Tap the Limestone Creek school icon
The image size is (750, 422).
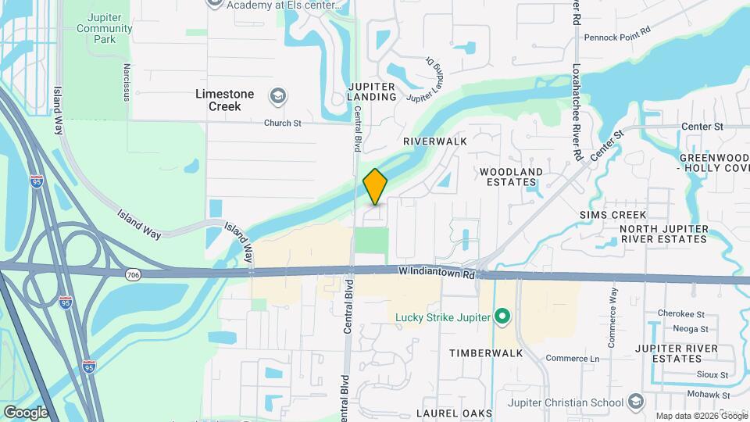[x=276, y=97]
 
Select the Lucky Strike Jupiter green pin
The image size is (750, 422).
[x=502, y=316]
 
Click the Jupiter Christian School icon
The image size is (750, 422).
[x=636, y=402]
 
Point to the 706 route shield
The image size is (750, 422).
[x=131, y=274]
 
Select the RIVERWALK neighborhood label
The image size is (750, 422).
[x=434, y=141]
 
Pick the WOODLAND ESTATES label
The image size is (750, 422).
[x=511, y=177]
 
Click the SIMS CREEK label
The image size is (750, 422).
[x=612, y=215]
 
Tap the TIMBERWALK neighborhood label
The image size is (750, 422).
[x=486, y=353]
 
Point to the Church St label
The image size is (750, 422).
[x=282, y=123]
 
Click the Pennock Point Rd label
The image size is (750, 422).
[x=617, y=36]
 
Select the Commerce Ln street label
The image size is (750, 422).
[x=572, y=359]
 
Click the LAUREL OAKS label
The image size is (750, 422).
[x=454, y=413]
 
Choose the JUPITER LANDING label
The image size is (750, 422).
[x=373, y=91]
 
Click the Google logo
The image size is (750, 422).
[x=26, y=412]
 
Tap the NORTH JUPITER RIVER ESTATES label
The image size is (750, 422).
[x=663, y=234]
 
